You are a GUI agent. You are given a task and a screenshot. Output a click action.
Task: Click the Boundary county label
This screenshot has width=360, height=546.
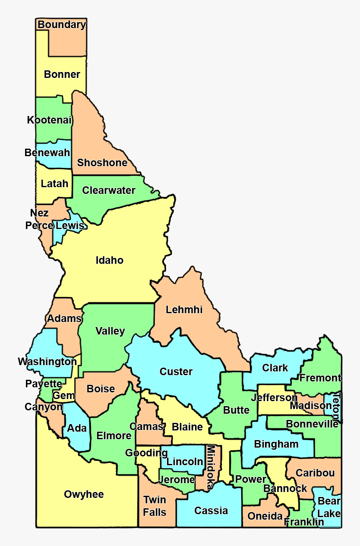click(62, 25)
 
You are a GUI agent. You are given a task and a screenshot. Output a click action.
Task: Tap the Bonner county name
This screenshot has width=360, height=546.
click(62, 75)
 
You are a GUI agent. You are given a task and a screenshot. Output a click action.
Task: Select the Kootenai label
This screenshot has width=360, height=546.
click(49, 120)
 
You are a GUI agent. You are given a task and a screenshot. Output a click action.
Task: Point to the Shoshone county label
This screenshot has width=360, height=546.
click(102, 162)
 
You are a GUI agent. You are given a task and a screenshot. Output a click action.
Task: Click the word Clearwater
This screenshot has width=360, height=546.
click(108, 191)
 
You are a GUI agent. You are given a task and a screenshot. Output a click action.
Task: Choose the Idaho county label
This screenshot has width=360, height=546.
click(110, 260)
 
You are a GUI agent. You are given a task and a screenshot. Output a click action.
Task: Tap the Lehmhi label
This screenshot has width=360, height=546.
click(184, 310)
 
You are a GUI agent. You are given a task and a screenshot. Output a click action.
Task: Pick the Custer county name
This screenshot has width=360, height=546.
click(176, 371)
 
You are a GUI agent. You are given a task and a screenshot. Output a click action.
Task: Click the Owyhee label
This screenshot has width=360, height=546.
click(84, 494)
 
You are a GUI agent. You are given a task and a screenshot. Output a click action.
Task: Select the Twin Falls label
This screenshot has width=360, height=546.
click(154, 506)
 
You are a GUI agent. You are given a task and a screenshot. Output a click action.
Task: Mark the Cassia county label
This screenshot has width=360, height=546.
click(211, 510)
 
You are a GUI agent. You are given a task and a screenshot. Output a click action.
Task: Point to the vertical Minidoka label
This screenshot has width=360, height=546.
click(211, 467)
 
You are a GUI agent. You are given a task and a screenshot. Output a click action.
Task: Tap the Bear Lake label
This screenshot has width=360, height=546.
click(329, 507)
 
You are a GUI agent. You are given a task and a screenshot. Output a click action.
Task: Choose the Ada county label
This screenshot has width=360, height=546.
click(77, 428)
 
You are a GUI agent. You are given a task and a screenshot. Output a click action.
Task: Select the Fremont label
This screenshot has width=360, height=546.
click(320, 378)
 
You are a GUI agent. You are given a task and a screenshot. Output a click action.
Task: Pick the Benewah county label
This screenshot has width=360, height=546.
click(47, 152)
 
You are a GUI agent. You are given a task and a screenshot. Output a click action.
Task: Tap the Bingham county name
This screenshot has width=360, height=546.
click(276, 444)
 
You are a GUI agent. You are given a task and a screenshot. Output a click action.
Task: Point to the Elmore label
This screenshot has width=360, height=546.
click(114, 435)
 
